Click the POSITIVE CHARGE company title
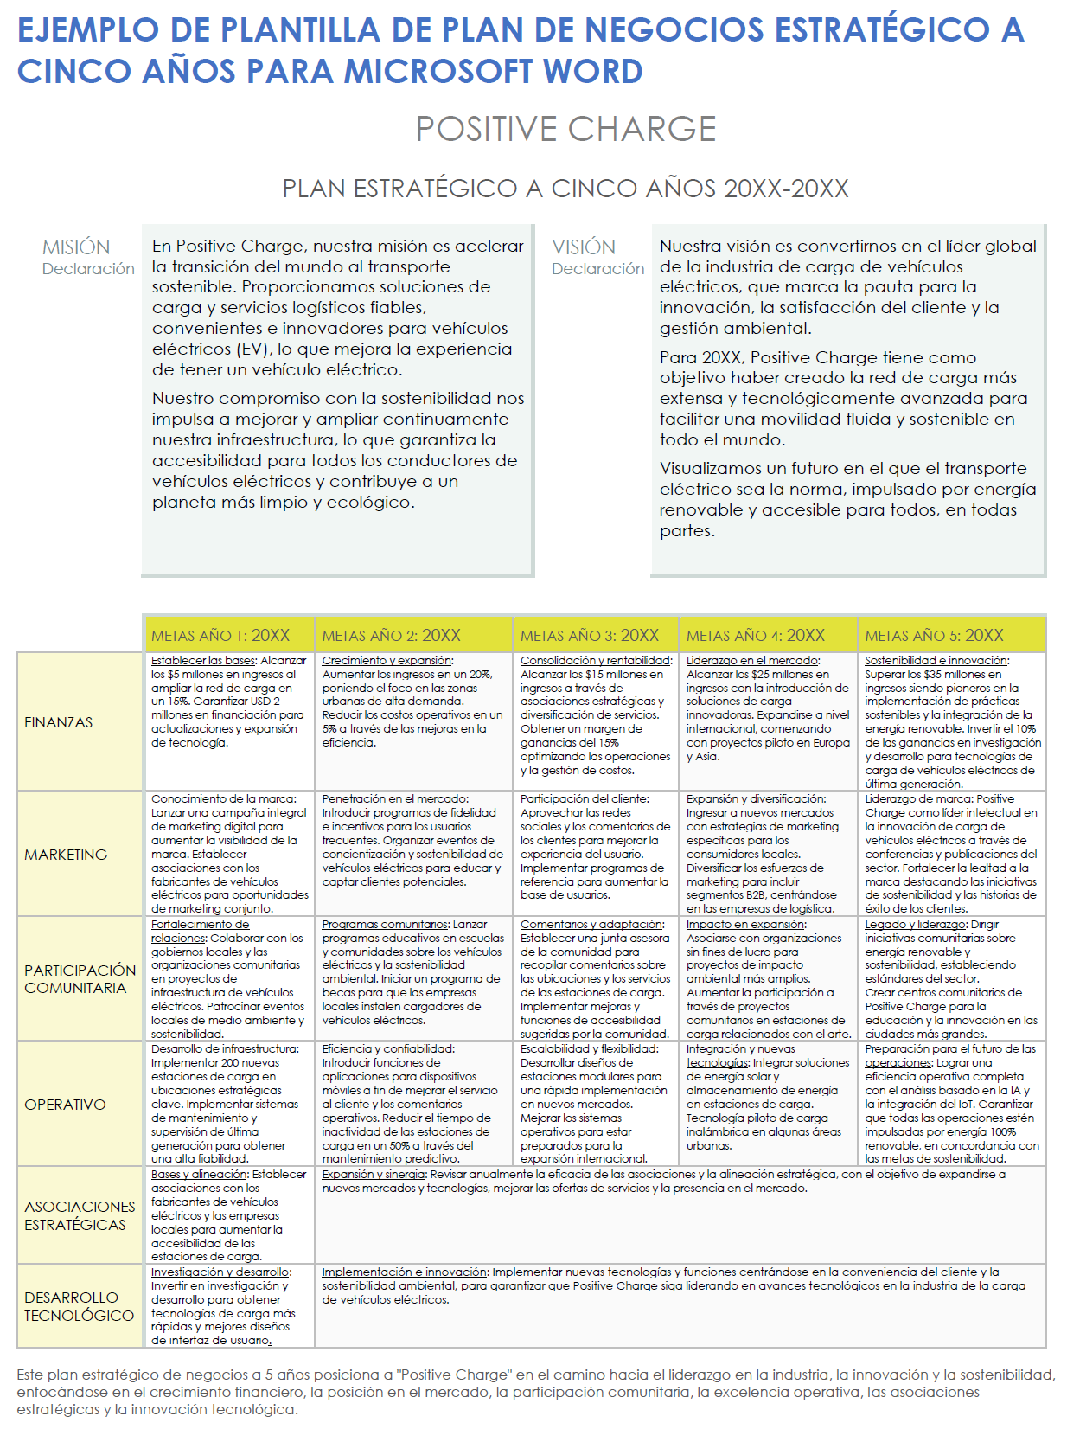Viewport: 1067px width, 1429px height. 565,129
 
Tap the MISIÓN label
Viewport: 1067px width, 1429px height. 76,247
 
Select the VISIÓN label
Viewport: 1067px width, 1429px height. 584,247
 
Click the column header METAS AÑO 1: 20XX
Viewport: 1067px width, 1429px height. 220,636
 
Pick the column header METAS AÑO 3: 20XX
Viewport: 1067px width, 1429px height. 589,636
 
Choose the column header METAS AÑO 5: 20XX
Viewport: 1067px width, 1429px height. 934,636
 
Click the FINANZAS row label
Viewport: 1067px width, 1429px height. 58,722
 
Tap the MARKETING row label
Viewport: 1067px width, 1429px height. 66,855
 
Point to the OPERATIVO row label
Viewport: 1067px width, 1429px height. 65,1105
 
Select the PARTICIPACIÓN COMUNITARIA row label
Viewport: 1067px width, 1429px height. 80,979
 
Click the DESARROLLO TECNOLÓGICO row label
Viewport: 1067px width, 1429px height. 79,1306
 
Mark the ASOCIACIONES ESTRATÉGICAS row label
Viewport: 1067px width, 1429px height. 80,1215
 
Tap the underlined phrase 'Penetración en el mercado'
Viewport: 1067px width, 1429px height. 393,799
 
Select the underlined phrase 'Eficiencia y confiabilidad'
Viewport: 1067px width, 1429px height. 387,1049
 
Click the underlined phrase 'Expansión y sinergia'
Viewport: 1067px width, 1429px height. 373,1175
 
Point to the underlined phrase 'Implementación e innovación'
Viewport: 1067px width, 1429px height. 404,1272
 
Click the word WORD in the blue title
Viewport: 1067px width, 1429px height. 591,71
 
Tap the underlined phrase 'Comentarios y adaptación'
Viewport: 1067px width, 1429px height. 591,925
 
